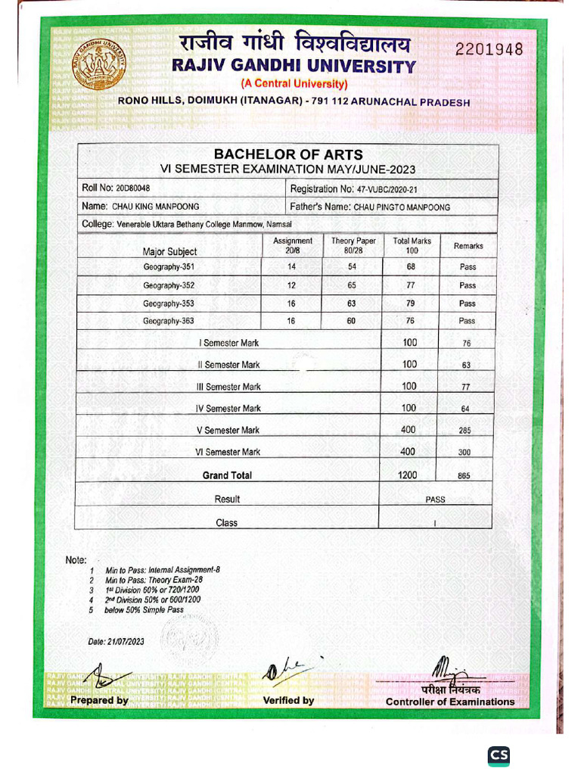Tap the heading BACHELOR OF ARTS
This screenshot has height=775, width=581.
288,154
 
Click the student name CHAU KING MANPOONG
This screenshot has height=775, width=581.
156,207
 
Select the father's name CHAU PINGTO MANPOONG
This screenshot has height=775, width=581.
402,207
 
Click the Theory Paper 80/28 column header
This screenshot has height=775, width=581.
353,246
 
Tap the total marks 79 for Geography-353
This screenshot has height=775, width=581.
412,303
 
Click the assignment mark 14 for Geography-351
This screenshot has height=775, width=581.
292,267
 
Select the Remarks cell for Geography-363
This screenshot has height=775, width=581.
468,322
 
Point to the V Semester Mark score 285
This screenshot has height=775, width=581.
465,431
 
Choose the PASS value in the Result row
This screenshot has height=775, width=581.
435,500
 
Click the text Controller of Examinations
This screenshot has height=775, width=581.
449,702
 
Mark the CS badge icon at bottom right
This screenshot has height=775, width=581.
499,755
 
